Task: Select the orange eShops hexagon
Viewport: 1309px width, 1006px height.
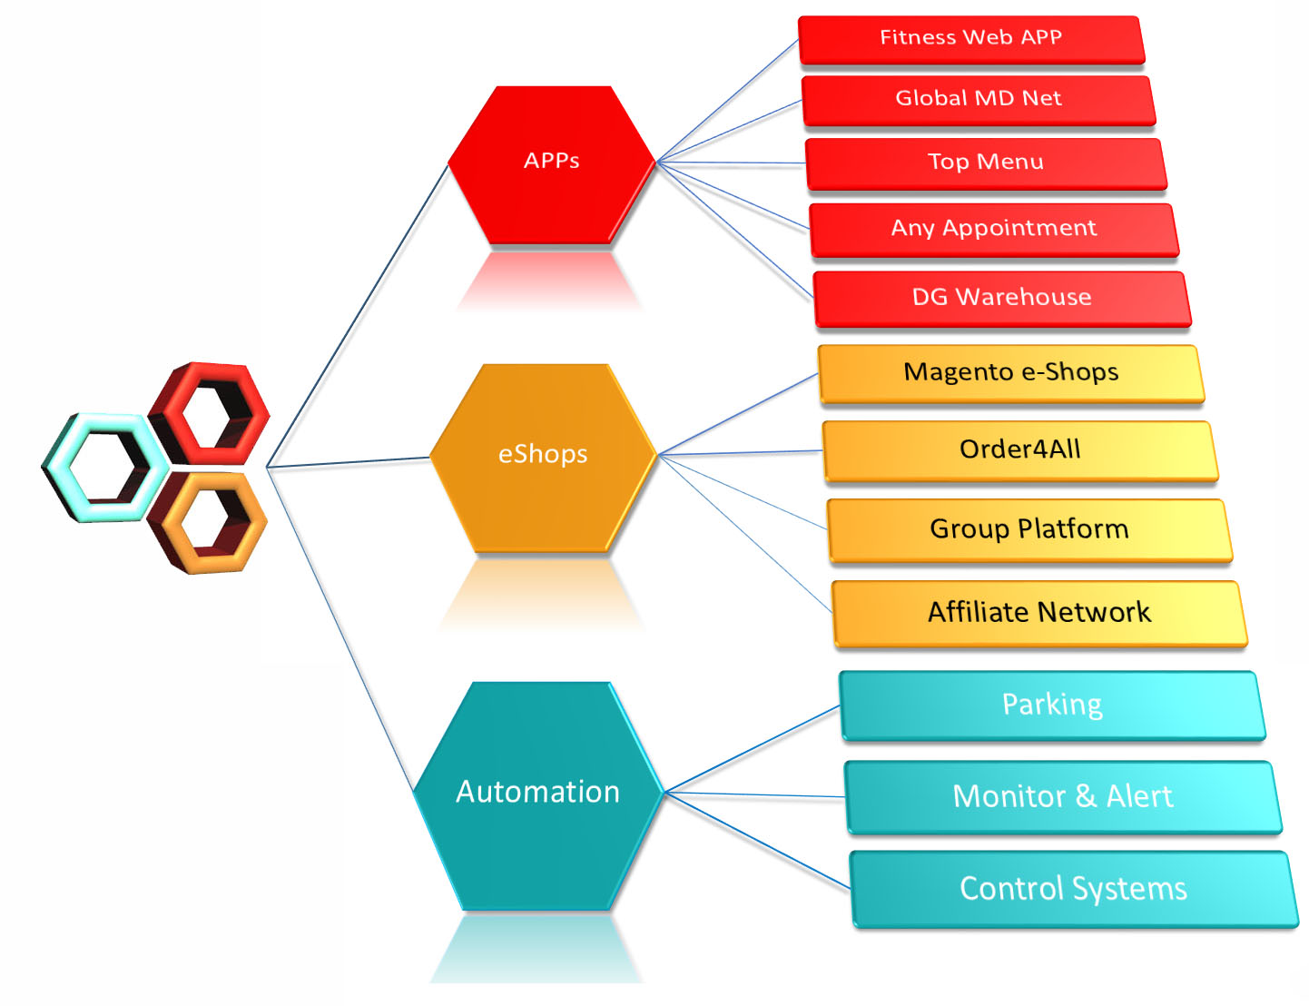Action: pyautogui.click(x=542, y=457)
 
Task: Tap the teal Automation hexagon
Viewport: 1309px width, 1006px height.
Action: pyautogui.click(x=537, y=794)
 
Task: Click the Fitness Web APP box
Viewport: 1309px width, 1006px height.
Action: pyautogui.click(x=970, y=39)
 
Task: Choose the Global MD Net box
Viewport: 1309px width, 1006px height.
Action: pyautogui.click(x=978, y=99)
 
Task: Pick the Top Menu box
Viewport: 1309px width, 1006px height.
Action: pyautogui.click(x=985, y=163)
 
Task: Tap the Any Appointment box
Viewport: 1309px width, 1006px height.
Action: pyautogui.click(x=993, y=229)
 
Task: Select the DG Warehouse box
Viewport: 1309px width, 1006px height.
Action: pyautogui.click(x=1001, y=298)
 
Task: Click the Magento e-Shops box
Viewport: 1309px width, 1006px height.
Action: pyautogui.click(x=1010, y=373)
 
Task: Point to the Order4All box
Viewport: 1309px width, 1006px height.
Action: pyautogui.click(x=1019, y=450)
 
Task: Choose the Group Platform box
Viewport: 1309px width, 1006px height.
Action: pyautogui.click(x=1028, y=529)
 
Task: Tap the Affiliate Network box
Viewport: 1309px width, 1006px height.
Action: pyautogui.click(x=1038, y=613)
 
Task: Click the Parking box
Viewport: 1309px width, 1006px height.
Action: pyautogui.click(x=1051, y=705)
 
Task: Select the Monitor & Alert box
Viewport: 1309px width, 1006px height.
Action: pyautogui.click(x=1062, y=797)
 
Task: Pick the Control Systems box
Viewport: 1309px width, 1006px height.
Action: pyautogui.click(x=1073, y=889)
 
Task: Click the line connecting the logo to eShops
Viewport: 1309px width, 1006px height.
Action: pyautogui.click(x=349, y=462)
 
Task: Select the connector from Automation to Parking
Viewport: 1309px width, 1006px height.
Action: pyautogui.click(x=753, y=748)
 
